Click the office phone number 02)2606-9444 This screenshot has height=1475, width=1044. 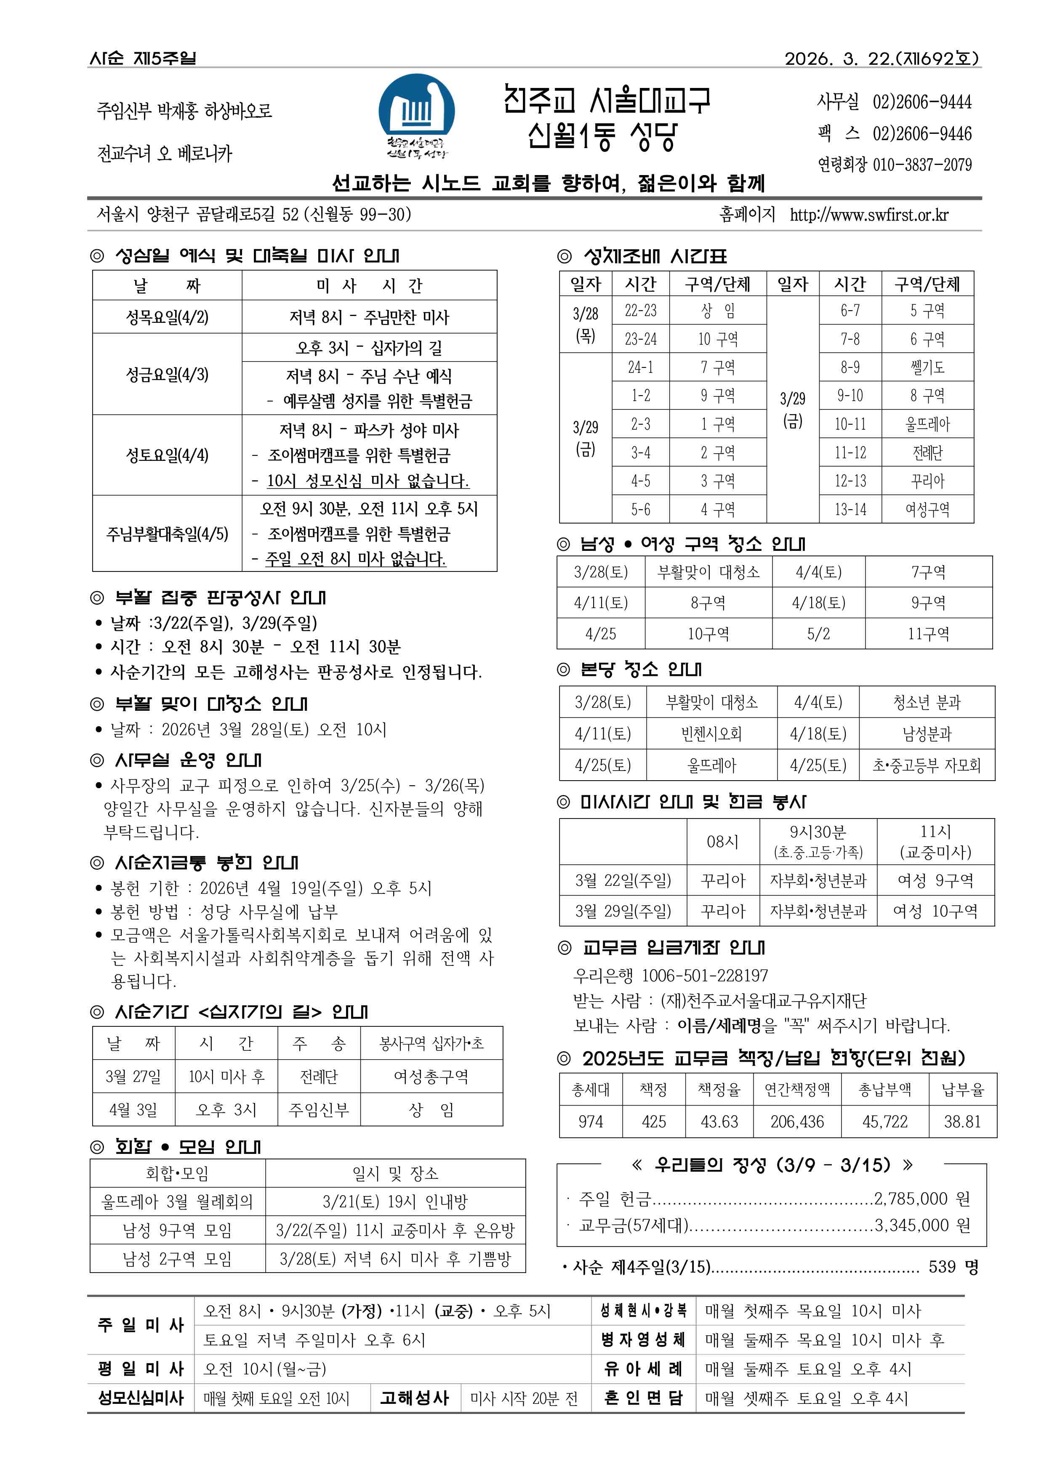tap(921, 101)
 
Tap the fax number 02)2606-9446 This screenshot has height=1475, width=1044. tap(921, 134)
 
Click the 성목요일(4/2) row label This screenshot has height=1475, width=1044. tap(167, 317)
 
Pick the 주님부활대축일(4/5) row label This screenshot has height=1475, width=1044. tap(167, 534)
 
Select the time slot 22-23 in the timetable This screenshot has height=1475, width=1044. tap(640, 311)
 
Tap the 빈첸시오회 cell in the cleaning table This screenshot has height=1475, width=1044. tap(711, 734)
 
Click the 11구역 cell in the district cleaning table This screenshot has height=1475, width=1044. tap(928, 634)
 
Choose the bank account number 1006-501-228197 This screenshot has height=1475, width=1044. tap(705, 975)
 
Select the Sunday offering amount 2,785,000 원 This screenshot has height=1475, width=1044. tap(921, 1199)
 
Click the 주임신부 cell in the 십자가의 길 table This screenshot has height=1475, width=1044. tap(319, 1110)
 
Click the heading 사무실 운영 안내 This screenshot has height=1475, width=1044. tap(188, 760)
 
